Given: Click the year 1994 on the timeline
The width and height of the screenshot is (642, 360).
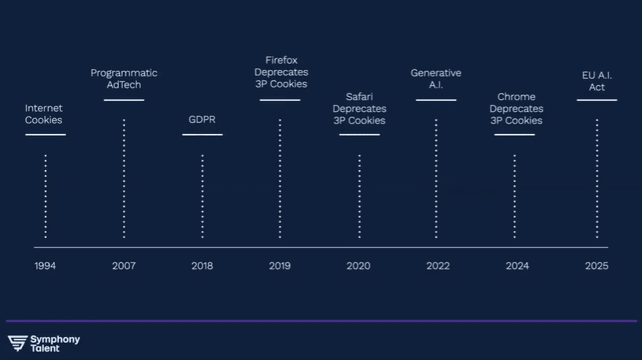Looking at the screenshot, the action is click(45, 265).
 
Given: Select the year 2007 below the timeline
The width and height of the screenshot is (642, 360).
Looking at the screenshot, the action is click(124, 265).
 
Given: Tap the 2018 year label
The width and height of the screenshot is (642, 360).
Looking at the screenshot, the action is click(202, 265).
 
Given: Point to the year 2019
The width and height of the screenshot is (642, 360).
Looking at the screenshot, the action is click(280, 265).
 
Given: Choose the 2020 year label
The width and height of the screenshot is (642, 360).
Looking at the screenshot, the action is click(358, 265).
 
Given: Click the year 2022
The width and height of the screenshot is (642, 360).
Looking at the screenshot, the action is click(438, 265).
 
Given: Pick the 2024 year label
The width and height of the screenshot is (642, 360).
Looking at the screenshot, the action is click(517, 265).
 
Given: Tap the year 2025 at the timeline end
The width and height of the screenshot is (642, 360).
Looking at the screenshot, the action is click(596, 265).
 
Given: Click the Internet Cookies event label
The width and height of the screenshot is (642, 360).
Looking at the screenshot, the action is click(44, 114).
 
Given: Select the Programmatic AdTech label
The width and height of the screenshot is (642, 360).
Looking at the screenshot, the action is click(124, 79).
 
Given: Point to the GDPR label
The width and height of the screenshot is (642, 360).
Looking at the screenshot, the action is click(202, 119).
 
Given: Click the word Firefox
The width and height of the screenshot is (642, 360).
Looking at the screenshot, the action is click(281, 60).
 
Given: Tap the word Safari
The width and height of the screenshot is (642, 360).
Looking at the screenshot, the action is click(359, 97).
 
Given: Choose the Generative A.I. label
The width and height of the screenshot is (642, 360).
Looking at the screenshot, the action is click(436, 79).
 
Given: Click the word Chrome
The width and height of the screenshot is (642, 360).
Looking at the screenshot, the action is click(516, 97).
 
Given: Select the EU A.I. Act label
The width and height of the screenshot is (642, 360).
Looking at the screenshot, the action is click(596, 81).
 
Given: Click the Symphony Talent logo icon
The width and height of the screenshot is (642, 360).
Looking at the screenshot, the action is click(17, 343).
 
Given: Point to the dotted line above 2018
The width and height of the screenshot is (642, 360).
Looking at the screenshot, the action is click(202, 196).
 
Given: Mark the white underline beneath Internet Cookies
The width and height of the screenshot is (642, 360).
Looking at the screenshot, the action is click(46, 135).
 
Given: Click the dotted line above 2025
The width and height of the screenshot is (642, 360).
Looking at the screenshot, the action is click(597, 179).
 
